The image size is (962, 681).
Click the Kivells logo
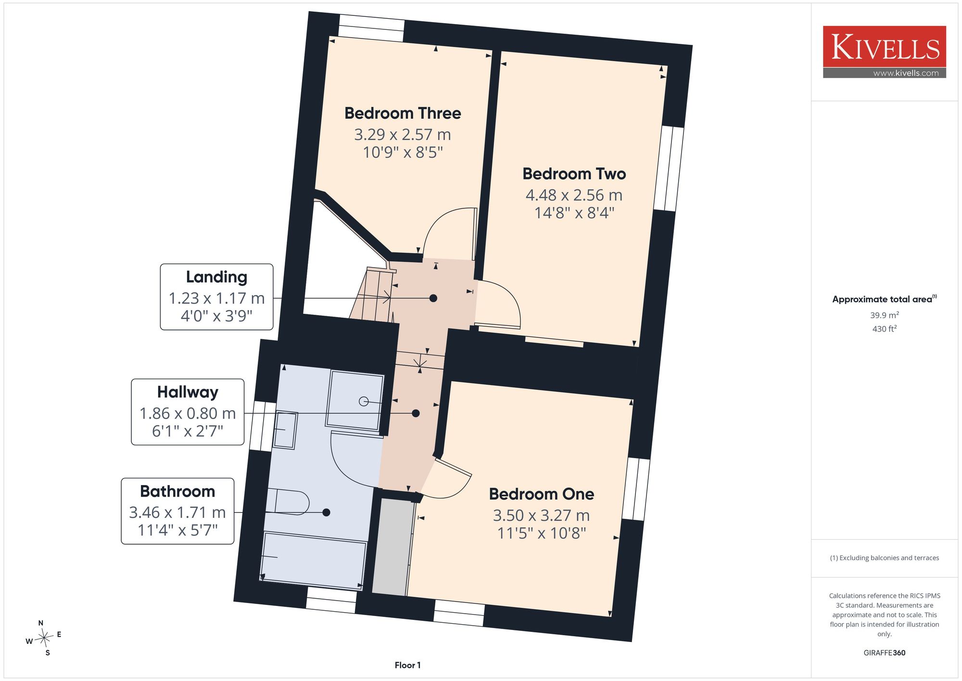coord(885,51)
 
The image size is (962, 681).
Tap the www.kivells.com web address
coord(906,73)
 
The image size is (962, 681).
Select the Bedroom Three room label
coord(403,113)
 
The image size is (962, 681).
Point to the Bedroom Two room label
coord(574,174)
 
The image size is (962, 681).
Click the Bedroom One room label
coord(542,494)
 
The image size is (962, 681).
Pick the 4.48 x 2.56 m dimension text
coord(574,195)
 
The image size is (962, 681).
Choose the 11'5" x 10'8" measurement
coord(542,533)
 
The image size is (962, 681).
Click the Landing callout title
coord(216,277)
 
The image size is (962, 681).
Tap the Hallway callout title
coord(188,392)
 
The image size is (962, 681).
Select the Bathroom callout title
coord(177,491)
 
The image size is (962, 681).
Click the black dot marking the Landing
coord(433,298)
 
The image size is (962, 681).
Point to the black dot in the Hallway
coord(416,413)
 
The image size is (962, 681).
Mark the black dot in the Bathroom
coord(326,513)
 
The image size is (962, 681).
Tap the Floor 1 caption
coord(407,665)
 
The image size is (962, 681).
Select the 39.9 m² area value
coord(885,315)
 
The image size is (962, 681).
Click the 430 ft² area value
coord(885,329)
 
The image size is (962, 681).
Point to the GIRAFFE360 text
coord(885,653)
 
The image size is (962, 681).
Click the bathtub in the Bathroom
coord(314,561)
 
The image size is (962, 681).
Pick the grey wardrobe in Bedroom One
coord(393,547)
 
